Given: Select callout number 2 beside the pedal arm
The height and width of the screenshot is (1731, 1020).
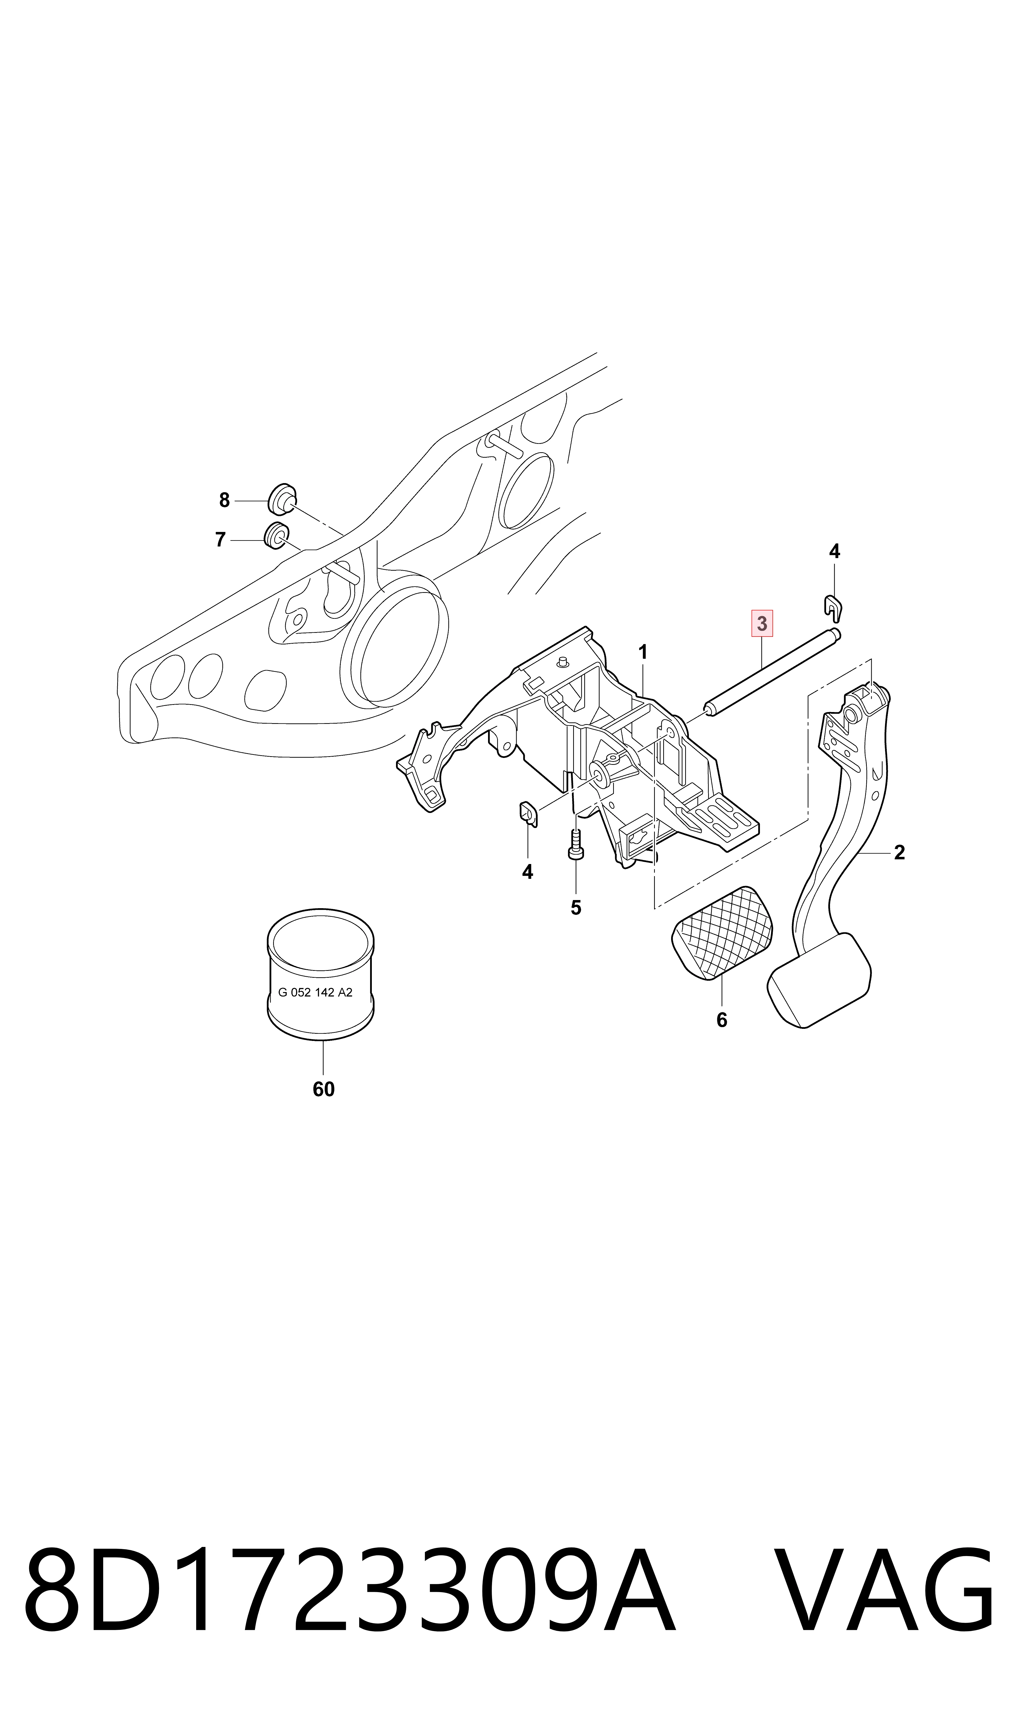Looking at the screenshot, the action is coord(899,853).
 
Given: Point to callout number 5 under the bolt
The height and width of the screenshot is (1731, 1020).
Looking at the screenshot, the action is coord(576,908).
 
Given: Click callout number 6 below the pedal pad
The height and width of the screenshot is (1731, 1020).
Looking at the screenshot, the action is coord(722,1020).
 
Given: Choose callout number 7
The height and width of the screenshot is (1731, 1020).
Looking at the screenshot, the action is coord(220,539).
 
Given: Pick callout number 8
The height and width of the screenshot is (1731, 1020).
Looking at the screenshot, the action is coord(224,500).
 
